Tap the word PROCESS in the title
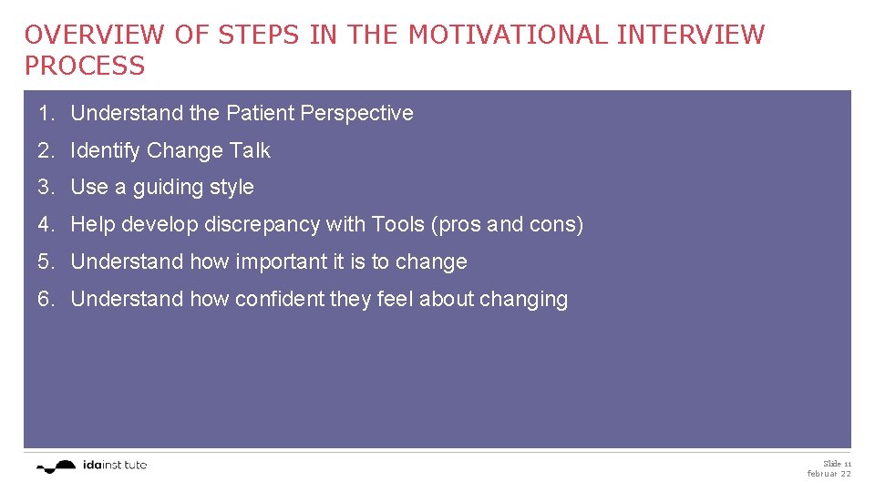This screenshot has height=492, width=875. click(85, 66)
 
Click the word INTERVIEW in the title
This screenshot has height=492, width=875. click(691, 35)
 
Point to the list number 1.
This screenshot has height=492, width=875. click(46, 113)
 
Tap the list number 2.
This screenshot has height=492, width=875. click(46, 150)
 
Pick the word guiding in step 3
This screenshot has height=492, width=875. click(170, 187)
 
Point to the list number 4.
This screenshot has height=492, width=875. click(46, 224)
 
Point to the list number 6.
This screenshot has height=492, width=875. click(46, 299)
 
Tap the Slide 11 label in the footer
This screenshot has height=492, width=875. click(837, 464)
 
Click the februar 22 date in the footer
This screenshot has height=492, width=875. click(829, 474)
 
